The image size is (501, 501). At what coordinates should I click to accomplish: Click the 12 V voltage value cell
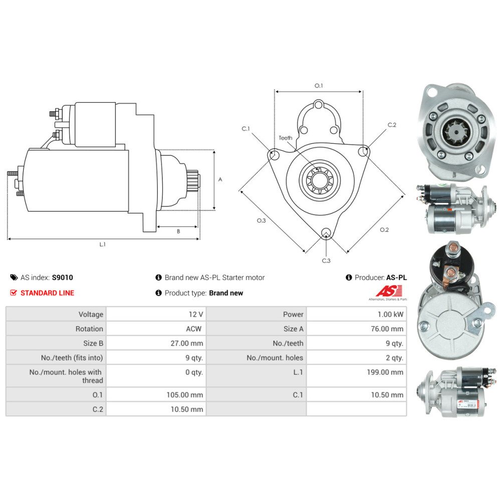pyautogui.click(x=195, y=314)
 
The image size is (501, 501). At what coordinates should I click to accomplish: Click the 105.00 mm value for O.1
pyautogui.click(x=184, y=394)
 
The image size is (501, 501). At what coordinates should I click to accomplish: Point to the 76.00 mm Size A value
pyautogui.click(x=387, y=329)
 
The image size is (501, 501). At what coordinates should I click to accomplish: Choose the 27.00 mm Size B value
pyautogui.click(x=186, y=343)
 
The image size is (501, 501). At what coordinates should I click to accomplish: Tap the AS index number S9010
pyautogui.click(x=63, y=277)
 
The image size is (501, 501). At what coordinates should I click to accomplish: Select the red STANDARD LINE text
pyautogui.click(x=47, y=293)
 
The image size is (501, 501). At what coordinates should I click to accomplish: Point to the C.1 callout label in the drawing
pyautogui.click(x=245, y=129)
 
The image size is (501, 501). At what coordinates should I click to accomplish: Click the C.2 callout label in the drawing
pyautogui.click(x=392, y=125)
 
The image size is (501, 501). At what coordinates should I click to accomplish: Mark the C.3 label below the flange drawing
pyautogui.click(x=326, y=261)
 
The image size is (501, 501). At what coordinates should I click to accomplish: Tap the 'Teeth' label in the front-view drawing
pyautogui.click(x=285, y=138)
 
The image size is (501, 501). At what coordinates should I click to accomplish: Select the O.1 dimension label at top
pyautogui.click(x=319, y=86)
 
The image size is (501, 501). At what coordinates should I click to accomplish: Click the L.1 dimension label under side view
pyautogui.click(x=102, y=244)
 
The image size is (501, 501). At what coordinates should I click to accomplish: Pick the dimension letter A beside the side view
pyautogui.click(x=220, y=179)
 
